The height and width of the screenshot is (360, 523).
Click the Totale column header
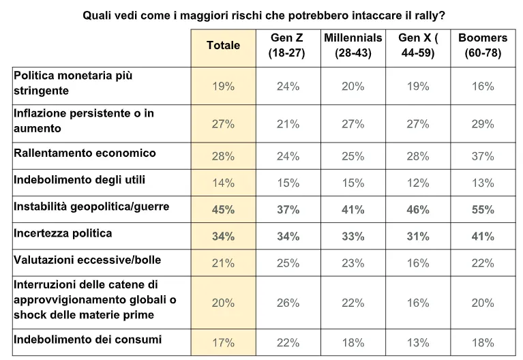223,45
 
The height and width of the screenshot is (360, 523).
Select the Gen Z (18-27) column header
287,45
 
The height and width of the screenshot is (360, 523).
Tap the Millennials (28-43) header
353,45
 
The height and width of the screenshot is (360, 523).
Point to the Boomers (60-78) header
483,45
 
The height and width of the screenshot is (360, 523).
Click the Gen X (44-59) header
418,45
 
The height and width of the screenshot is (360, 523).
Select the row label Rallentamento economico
85,153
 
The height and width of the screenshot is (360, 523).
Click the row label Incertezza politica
63,233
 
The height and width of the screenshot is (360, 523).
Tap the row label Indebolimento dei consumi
87,340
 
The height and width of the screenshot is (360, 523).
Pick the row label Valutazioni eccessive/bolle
87,260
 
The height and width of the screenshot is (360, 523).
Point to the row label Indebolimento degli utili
79,180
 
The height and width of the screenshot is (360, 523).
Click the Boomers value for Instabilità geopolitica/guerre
483,209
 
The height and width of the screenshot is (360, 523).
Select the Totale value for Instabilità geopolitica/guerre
223,209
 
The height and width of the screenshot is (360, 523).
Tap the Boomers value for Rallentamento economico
483,156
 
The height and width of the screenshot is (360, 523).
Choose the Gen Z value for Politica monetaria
288,87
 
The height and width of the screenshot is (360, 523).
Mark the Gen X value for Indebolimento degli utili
417,183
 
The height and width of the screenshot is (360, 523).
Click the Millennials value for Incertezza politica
353,236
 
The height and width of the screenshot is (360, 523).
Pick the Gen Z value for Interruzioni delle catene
288,303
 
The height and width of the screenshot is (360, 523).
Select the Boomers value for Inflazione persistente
483,124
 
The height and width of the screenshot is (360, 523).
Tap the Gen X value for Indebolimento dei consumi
417,343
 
